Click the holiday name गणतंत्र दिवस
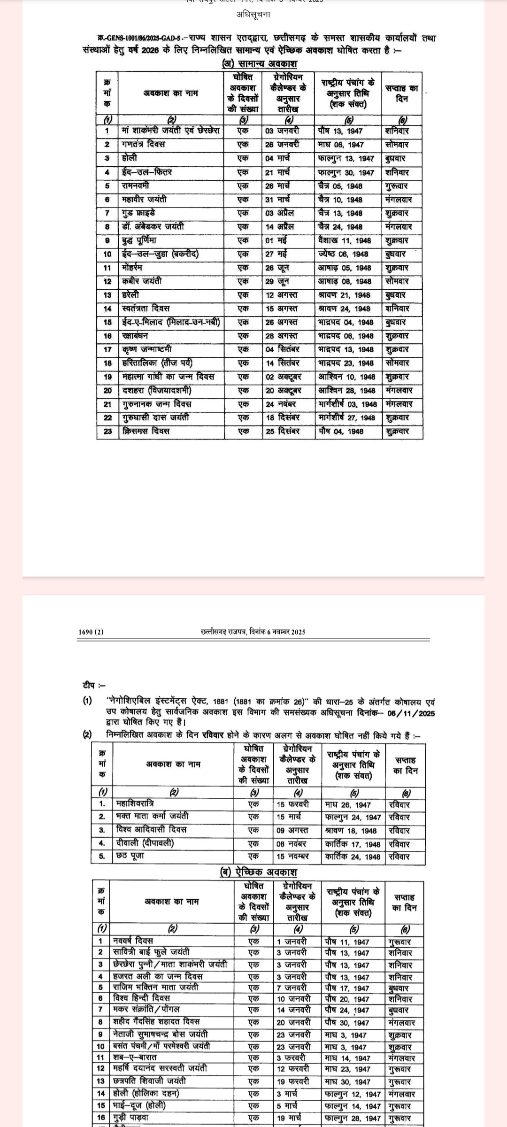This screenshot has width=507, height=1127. coord(143,144)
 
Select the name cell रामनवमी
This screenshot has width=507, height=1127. coord(136,185)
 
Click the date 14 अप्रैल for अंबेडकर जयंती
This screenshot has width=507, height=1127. coord(279,226)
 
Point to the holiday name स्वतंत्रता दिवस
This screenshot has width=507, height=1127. coord(146,309)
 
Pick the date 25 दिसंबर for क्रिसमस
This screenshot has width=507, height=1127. coord(282,431)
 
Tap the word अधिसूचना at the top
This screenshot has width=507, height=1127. coord(253,15)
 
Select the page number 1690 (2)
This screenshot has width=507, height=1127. coord(91,632)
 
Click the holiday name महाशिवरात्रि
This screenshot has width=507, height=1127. coord(135,804)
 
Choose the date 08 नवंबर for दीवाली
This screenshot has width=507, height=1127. coord(291,843)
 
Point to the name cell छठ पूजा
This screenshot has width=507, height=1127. coord(130,856)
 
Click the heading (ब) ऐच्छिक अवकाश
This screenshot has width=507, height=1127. coord(259,872)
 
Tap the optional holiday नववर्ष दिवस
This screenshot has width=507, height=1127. coord(133,941)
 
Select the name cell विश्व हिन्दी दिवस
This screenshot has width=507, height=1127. coord(142,997)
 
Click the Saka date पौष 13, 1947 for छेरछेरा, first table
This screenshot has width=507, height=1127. coord(340,131)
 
